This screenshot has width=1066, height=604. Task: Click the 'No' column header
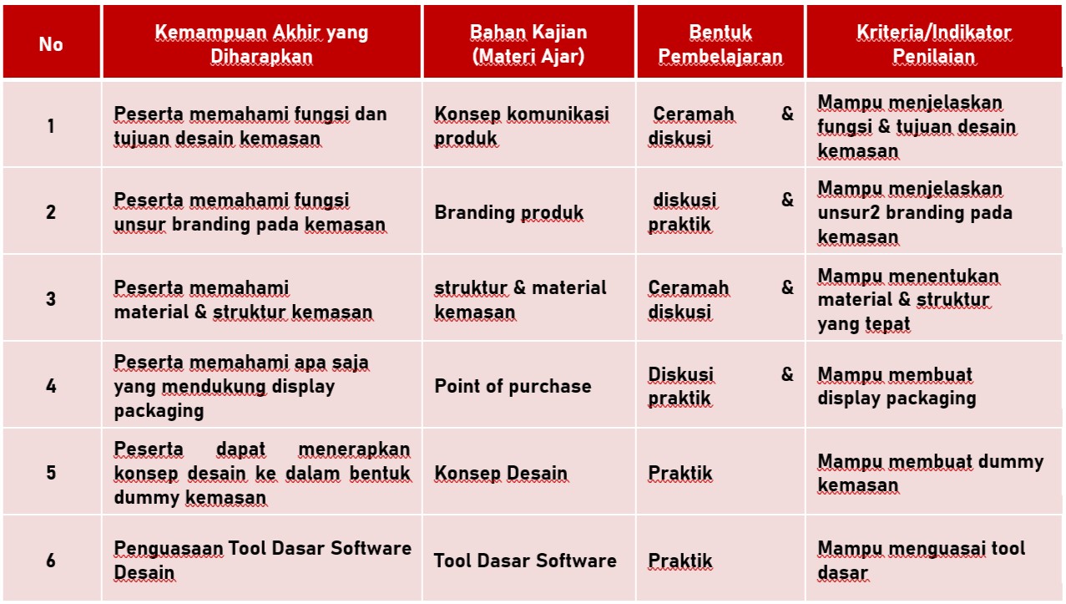[x=51, y=44]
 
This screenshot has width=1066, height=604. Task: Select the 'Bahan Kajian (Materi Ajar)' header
[x=528, y=44]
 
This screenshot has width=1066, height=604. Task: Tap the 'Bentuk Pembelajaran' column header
[x=720, y=44]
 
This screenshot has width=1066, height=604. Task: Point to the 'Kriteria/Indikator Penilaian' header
[x=934, y=44]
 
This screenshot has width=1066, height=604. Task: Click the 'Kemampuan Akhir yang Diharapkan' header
[x=261, y=44]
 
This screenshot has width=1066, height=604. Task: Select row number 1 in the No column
[x=51, y=126]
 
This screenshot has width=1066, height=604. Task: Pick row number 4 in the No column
[x=51, y=386]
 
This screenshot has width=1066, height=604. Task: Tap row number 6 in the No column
[x=51, y=561]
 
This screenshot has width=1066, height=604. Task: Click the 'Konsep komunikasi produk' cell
[x=522, y=126]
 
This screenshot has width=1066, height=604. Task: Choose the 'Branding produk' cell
[x=508, y=213]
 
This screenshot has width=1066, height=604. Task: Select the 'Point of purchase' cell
[x=513, y=386]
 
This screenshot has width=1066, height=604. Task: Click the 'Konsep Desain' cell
[x=501, y=473]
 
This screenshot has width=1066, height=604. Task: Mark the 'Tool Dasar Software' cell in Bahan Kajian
[x=525, y=561]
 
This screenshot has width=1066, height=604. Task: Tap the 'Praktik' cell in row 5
[x=680, y=473]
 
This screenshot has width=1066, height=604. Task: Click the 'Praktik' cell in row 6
[x=680, y=561]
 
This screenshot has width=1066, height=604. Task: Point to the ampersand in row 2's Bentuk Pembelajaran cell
[x=787, y=200]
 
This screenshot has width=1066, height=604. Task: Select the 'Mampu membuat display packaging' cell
[x=897, y=386]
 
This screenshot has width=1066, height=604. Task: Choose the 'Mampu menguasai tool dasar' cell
[x=922, y=561]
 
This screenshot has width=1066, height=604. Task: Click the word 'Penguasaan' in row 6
[x=169, y=549]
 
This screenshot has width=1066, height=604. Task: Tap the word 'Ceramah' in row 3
[x=688, y=287]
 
